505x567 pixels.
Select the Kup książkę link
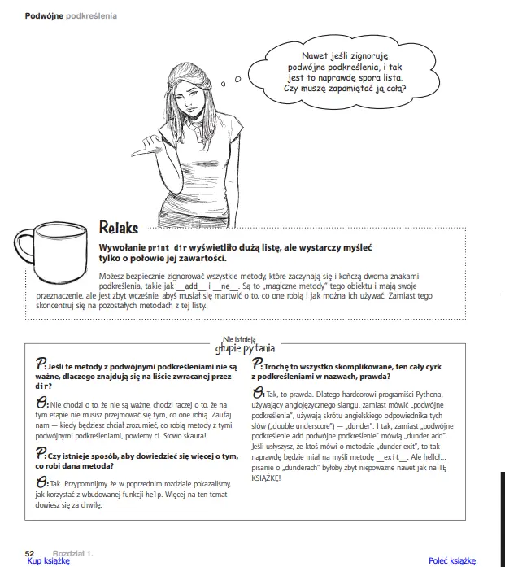point(49,560)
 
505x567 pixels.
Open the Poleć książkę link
point(452,560)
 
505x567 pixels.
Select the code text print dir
point(168,245)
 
